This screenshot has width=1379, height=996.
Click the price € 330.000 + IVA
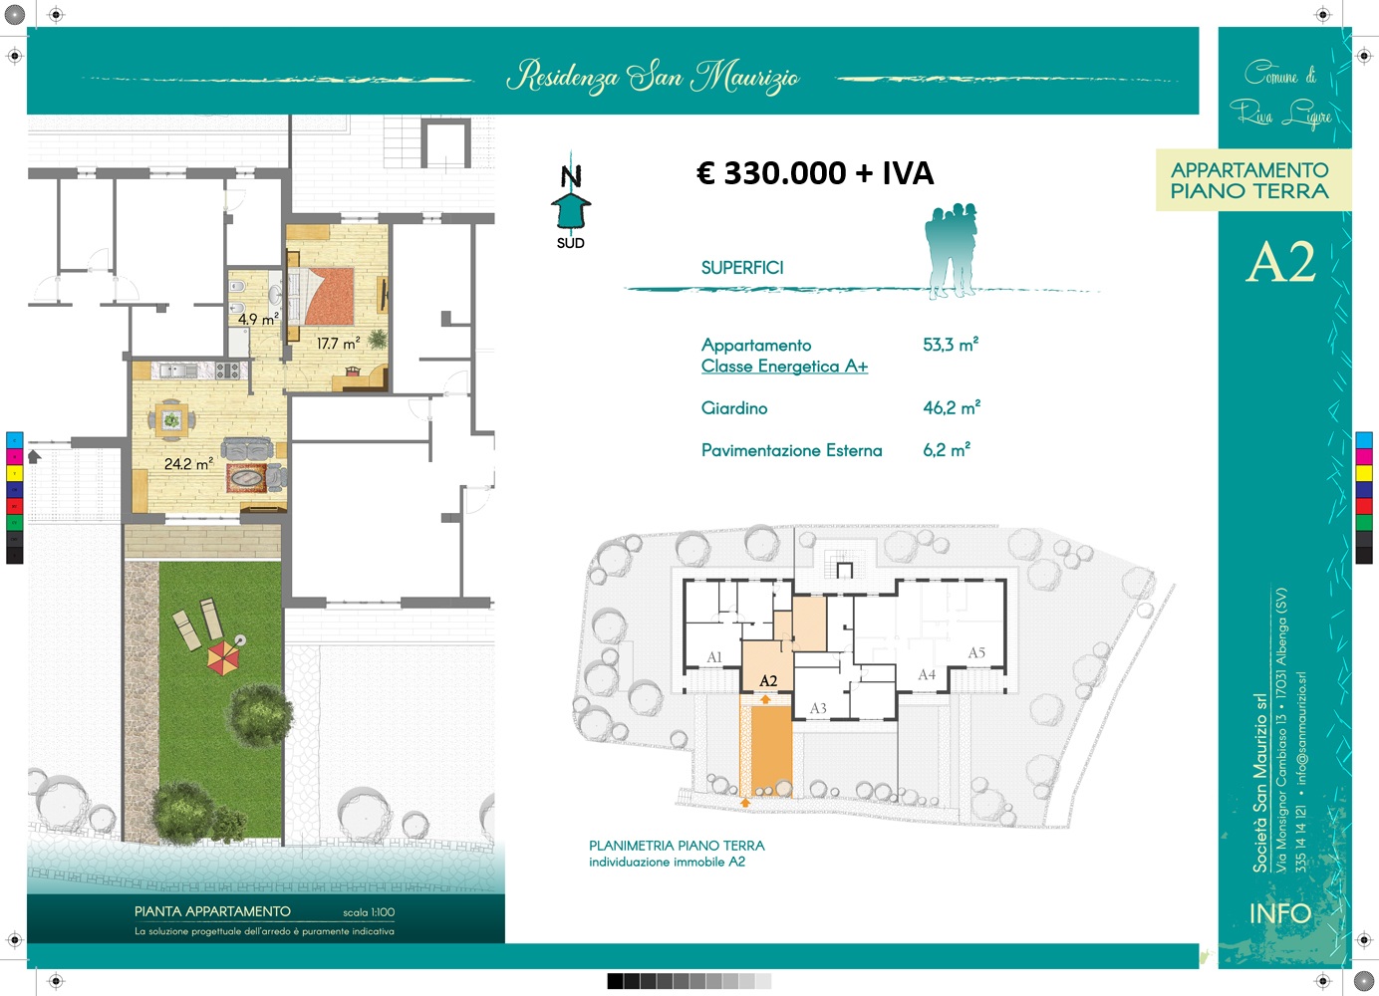815,173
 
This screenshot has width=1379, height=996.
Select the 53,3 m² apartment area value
951,344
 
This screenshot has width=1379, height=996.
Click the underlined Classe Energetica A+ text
784,367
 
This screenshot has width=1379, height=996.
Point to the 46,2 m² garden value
952,407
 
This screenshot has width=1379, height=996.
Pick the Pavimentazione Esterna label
792,450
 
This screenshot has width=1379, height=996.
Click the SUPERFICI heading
742,268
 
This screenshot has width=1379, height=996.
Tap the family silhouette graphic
951,251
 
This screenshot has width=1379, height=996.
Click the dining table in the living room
171,420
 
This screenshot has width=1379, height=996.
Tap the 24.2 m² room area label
188,463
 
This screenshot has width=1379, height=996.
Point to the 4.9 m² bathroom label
259,319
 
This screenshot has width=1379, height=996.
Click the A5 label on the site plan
976,652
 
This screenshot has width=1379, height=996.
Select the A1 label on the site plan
714,656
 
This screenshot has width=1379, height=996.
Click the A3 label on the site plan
818,708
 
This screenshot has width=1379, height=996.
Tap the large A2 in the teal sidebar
1280,262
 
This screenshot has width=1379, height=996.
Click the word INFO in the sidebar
1280,913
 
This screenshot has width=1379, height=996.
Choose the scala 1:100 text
369,912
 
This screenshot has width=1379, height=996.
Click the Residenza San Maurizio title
654,78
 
